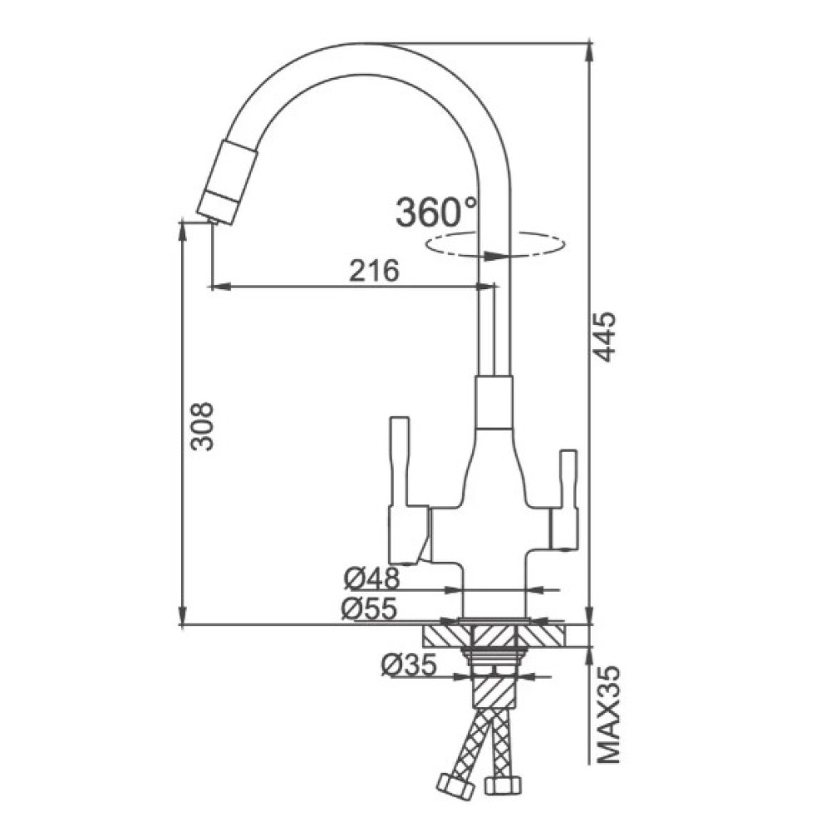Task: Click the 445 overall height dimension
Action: (x=605, y=337)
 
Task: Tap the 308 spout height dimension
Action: (x=203, y=426)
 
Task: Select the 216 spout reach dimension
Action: (x=374, y=271)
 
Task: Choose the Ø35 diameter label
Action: (x=409, y=665)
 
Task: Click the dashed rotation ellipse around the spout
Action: (x=495, y=245)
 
